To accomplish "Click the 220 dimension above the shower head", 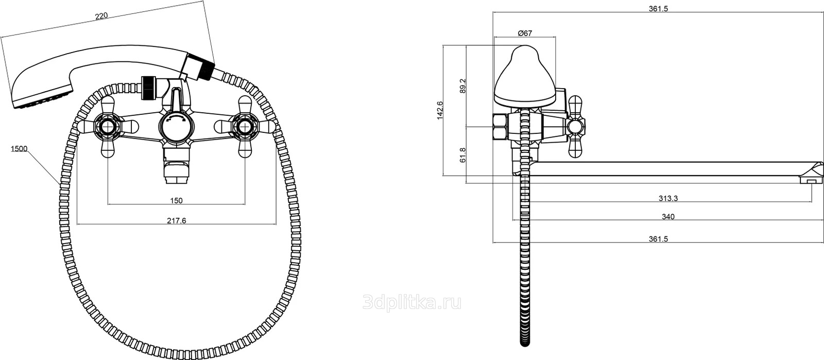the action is (101, 16).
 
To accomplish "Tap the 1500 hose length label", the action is (19, 148).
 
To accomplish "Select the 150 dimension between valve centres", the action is (176, 200).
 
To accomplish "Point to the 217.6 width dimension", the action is (177, 220).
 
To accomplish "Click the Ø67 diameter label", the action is (525, 33).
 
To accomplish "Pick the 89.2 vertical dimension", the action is (463, 85).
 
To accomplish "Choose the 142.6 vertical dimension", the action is (440, 110).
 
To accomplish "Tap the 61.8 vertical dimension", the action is (463, 155).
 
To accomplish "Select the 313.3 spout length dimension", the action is (668, 198).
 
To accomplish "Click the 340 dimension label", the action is (668, 217).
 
